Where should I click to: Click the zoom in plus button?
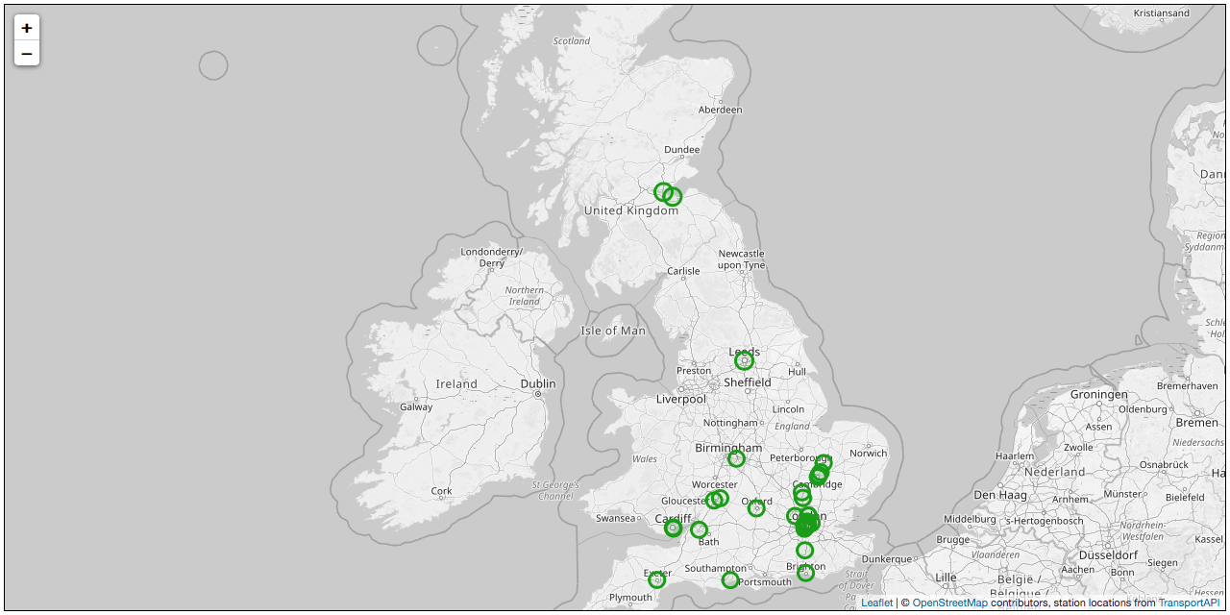[27, 28]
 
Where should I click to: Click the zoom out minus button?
[27, 54]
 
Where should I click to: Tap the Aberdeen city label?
[720, 110]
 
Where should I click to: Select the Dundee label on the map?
[681, 149]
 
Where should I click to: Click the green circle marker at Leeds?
[744, 360]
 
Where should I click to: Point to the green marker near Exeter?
[656, 579]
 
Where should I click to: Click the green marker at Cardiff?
[673, 528]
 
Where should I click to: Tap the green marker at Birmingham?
[736, 459]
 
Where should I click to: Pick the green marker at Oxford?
[756, 508]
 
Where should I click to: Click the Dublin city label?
[537, 383]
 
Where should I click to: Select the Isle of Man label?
[613, 331]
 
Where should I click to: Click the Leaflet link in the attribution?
[876, 603]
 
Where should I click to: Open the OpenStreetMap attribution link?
[949, 603]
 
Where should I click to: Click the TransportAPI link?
[1189, 603]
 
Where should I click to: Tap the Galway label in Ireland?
[416, 406]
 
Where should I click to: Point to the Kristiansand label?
[1161, 13]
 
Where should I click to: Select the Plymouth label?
[630, 598]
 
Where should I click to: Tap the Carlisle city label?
[683, 271]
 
